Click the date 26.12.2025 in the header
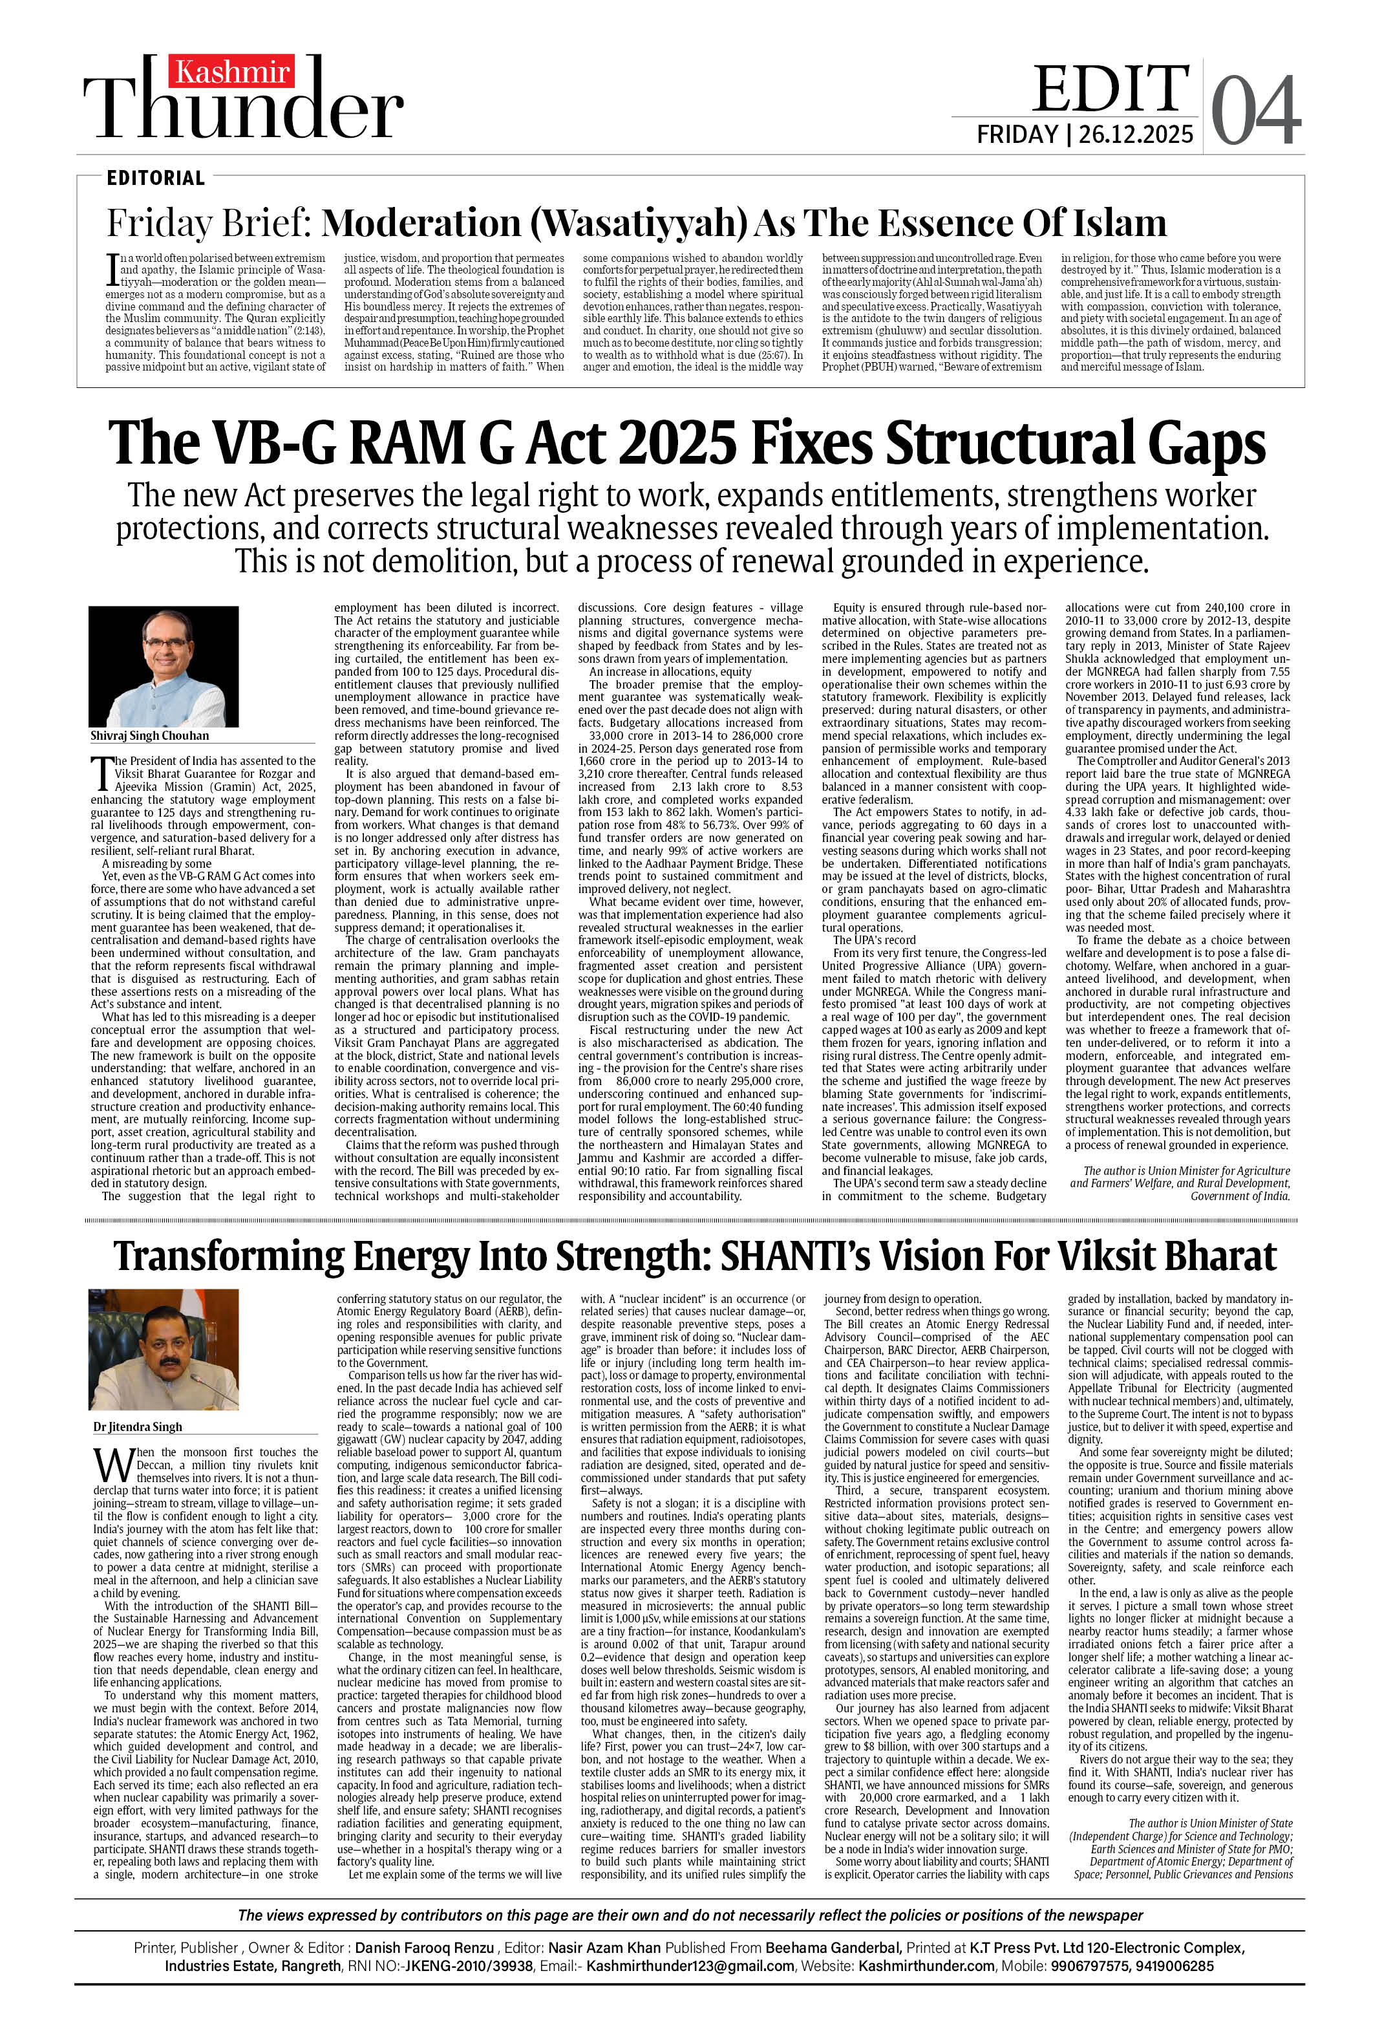click(1136, 134)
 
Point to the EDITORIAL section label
click(156, 178)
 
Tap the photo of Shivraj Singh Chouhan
click(164, 666)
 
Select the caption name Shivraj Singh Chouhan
click(150, 736)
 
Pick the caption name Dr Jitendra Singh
click(138, 1427)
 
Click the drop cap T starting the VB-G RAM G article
click(102, 773)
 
